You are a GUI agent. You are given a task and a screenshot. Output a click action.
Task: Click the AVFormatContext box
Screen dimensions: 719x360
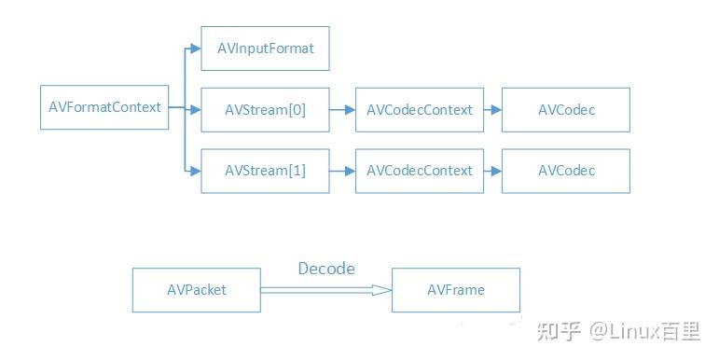pyautogui.click(x=104, y=107)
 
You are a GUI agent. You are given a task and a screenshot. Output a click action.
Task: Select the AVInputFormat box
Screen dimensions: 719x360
pyautogui.click(x=265, y=48)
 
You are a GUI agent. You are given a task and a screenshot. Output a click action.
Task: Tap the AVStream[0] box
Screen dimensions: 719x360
pyautogui.click(x=265, y=110)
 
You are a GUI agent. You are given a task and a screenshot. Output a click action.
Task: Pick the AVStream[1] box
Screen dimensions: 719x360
pyautogui.click(x=265, y=171)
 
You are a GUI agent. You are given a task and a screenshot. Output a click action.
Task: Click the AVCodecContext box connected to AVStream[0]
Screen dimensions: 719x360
pyautogui.click(x=420, y=110)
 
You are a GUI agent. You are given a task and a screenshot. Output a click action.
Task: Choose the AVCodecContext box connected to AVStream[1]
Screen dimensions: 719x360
pyautogui.click(x=420, y=171)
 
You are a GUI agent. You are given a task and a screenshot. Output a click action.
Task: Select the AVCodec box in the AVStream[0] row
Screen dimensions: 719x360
pyautogui.click(x=566, y=110)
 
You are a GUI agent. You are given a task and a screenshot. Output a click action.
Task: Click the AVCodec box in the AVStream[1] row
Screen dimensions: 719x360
pyautogui.click(x=566, y=171)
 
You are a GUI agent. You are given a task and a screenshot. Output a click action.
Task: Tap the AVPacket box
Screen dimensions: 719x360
pyautogui.click(x=197, y=290)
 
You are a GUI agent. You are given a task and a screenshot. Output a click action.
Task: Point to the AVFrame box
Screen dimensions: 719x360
pyautogui.click(x=456, y=290)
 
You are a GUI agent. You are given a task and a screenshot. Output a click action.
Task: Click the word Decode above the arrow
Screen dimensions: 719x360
pyautogui.click(x=326, y=269)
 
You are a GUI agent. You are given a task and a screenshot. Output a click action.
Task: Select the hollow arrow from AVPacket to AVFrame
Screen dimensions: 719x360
pyautogui.click(x=326, y=290)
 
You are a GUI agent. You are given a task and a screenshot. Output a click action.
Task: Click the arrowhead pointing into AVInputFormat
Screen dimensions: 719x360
pyautogui.click(x=196, y=48)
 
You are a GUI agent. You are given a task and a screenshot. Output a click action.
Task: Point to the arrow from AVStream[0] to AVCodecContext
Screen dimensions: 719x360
pyautogui.click(x=342, y=110)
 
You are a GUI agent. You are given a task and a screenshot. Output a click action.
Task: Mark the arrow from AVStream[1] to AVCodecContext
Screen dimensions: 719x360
pyautogui.click(x=342, y=171)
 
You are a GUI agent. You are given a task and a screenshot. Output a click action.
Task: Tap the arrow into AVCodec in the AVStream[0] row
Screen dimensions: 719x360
pyautogui.click(x=493, y=110)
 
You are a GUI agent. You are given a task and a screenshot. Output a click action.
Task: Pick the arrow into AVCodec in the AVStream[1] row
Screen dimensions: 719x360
pyautogui.click(x=493, y=171)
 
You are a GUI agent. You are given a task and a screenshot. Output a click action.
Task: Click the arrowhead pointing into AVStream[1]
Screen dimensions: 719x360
pyautogui.click(x=196, y=171)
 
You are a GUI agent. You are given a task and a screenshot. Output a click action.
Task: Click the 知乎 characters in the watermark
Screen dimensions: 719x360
pyautogui.click(x=559, y=331)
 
